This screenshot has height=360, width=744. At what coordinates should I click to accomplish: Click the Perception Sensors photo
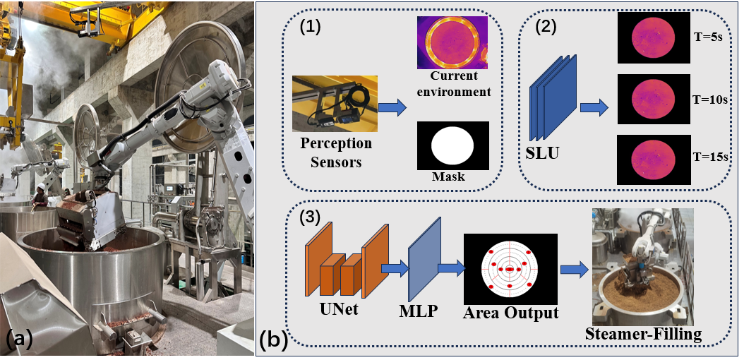click(x=335, y=103)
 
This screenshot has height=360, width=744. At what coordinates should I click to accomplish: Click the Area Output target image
click(x=510, y=270)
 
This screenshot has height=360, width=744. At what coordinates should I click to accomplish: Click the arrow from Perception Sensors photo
click(x=393, y=108)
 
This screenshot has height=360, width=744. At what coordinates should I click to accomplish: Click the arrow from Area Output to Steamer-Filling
click(x=575, y=269)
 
